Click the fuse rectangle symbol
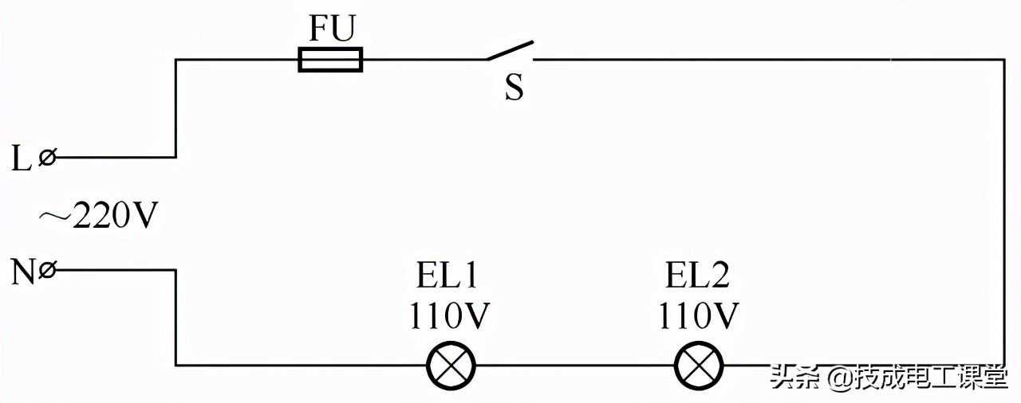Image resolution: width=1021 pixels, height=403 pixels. click(x=330, y=60)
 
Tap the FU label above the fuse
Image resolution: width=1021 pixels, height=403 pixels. click(x=332, y=30)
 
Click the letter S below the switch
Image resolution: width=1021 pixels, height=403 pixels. click(x=514, y=88)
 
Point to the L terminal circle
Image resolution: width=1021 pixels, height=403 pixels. click(x=47, y=158)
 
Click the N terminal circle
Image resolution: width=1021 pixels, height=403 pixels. click(x=47, y=271)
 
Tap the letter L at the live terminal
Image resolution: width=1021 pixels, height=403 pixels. click(x=21, y=158)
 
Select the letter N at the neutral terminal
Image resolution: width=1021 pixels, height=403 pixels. click(x=22, y=272)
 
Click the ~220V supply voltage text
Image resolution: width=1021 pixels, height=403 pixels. click(x=98, y=216)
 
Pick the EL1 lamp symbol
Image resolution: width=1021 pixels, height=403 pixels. click(x=451, y=366)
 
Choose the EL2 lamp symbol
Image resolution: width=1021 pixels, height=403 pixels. click(x=700, y=366)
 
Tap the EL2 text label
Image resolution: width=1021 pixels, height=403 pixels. click(x=697, y=276)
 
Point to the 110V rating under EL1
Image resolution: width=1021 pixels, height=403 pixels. click(x=449, y=316)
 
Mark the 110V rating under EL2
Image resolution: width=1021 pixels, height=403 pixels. click(x=698, y=316)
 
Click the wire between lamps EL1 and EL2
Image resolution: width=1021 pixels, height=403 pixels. click(x=575, y=366)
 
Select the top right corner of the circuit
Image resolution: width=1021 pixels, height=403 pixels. click(x=1004, y=59)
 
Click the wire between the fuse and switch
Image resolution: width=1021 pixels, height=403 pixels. click(x=423, y=59)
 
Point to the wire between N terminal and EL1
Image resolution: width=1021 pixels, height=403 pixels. click(x=175, y=319)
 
